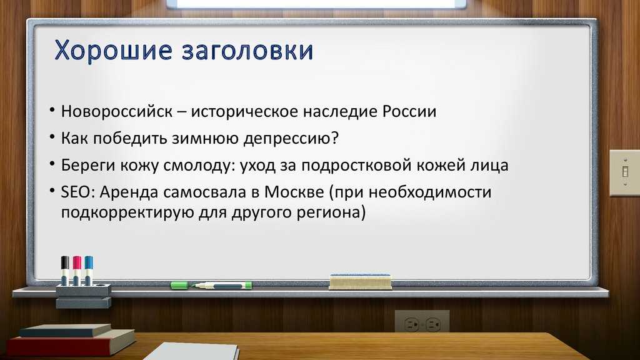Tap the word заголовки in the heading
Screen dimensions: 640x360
click(247, 51)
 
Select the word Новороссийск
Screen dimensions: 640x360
click(117, 111)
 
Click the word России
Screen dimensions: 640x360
click(409, 111)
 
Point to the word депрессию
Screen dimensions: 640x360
click(291, 139)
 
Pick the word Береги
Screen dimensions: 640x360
click(88, 166)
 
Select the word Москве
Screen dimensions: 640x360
click(294, 192)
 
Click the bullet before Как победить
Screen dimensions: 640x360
click(52, 136)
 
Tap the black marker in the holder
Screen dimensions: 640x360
click(65, 271)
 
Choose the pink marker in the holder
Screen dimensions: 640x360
click(77, 271)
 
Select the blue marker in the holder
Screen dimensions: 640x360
click(89, 271)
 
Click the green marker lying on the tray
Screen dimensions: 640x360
click(211, 285)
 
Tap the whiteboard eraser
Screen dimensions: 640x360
click(360, 282)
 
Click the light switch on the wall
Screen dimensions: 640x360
click(624, 172)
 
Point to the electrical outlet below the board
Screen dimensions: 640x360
click(422, 322)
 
